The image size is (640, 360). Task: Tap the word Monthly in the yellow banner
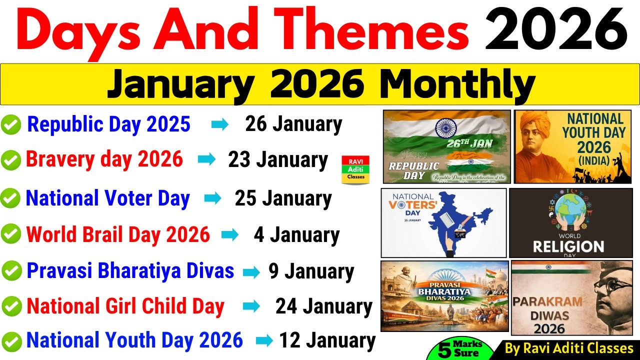point(457,84)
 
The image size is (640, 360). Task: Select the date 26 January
point(293,124)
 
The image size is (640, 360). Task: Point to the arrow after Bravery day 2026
point(206,160)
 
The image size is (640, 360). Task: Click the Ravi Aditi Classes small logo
point(355,169)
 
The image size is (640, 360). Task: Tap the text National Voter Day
point(107,198)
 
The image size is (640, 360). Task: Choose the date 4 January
point(296,235)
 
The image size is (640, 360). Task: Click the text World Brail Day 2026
point(117,234)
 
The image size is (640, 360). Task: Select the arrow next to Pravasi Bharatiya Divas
point(251,272)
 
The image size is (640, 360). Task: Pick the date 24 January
point(323,306)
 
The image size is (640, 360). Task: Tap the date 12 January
point(327,341)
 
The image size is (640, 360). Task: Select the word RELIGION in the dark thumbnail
point(568,247)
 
